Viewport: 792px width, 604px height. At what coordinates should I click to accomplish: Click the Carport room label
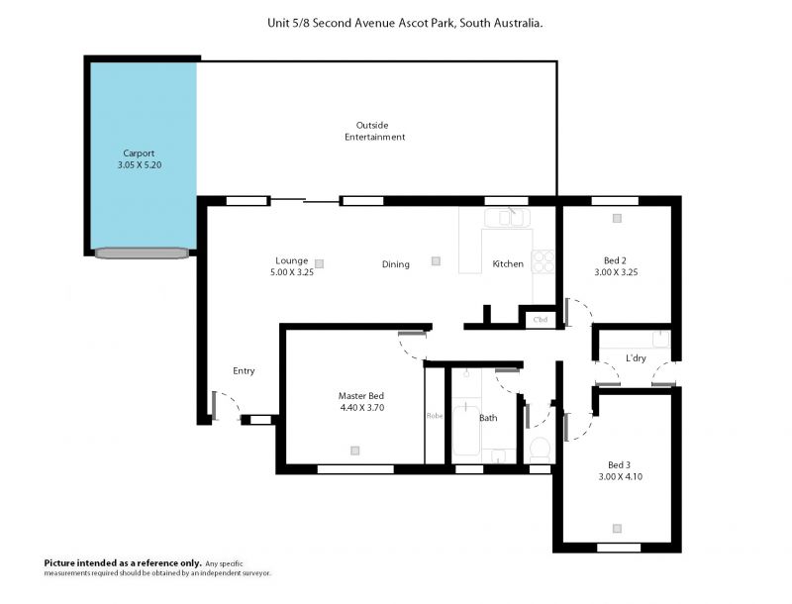(139, 153)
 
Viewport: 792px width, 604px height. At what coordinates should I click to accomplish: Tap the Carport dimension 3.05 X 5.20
(140, 164)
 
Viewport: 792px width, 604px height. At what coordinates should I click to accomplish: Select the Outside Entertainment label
(374, 131)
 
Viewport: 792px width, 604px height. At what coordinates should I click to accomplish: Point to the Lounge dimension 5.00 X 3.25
(292, 272)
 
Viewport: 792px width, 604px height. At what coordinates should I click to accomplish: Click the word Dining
(395, 264)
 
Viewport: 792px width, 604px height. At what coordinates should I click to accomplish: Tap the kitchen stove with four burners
(543, 261)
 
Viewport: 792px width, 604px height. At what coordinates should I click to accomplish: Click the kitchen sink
(507, 218)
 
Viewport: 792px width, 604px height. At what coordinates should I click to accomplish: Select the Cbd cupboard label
(540, 320)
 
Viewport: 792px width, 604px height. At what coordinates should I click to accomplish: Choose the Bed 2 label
(615, 260)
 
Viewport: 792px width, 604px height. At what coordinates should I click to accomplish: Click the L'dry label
(636, 358)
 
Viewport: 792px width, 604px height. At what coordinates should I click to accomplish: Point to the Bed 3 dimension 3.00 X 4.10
(621, 476)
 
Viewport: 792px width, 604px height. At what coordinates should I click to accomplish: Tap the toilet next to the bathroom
(540, 449)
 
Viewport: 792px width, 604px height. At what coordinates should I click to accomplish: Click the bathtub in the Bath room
(466, 430)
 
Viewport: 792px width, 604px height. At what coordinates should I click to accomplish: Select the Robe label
(435, 416)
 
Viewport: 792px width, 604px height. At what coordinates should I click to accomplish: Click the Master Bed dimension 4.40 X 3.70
(362, 408)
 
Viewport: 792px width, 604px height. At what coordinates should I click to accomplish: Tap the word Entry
(244, 370)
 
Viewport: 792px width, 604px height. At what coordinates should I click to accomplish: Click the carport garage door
(142, 253)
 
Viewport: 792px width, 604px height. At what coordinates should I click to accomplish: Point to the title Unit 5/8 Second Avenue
(331, 23)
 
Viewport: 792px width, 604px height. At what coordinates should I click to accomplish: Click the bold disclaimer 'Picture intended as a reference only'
(123, 563)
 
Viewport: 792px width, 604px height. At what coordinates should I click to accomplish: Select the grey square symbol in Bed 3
(617, 528)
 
